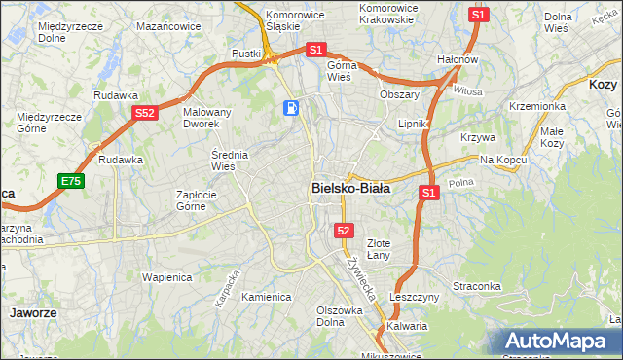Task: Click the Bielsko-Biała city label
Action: click(350, 189)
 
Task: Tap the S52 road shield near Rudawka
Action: click(144, 113)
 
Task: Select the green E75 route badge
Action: click(70, 181)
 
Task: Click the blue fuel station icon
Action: click(291, 107)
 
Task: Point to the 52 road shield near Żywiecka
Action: click(344, 230)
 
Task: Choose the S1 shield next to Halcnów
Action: click(477, 15)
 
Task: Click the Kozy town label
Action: click(603, 85)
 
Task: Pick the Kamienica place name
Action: click(266, 297)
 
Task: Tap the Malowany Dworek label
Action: click(207, 118)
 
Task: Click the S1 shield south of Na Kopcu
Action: click(428, 194)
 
